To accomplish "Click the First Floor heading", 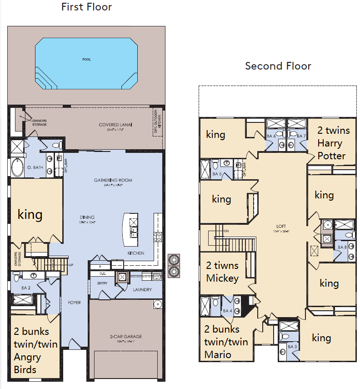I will click(86, 7).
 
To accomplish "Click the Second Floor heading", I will click(278, 66).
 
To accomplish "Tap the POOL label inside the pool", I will click(86, 60).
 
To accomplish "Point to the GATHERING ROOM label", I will click(113, 180).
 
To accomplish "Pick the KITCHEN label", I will click(136, 253).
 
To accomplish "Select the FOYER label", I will click(74, 303).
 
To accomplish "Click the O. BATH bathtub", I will click(17, 167).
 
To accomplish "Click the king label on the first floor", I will click(30, 214).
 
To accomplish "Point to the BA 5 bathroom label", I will click(217, 174).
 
